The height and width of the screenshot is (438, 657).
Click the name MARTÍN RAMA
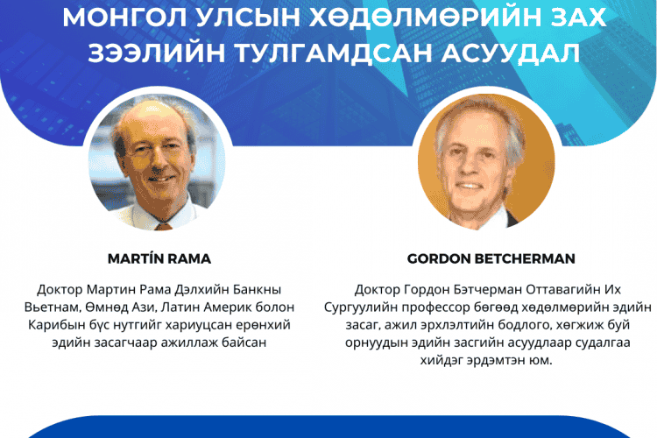click(x=159, y=258)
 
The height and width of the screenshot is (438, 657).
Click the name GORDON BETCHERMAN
click(x=491, y=258)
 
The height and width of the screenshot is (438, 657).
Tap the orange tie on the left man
click(x=163, y=227)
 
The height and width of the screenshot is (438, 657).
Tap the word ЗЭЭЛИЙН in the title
click(x=156, y=53)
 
